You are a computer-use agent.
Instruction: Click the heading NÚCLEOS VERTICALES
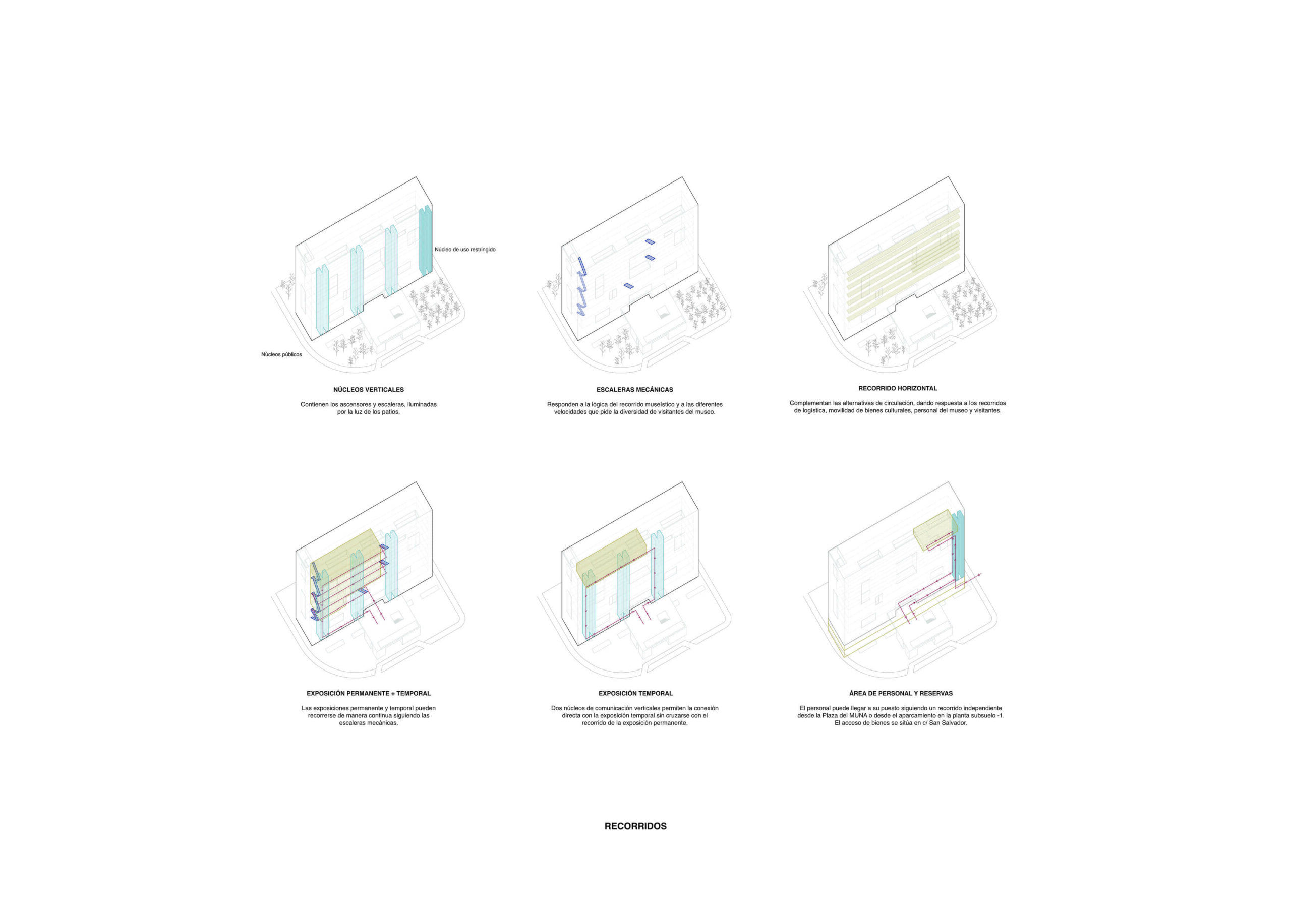coord(368,390)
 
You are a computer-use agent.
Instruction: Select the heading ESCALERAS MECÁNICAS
coord(635,390)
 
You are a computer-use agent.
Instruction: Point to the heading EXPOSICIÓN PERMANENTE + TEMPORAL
coord(368,693)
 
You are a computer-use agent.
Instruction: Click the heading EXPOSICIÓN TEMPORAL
coord(635,693)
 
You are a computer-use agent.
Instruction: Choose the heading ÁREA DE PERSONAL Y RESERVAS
coord(901,693)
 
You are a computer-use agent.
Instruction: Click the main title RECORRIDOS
coord(635,826)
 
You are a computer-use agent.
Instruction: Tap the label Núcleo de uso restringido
coord(465,249)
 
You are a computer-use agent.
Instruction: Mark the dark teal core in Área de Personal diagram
coord(958,545)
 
